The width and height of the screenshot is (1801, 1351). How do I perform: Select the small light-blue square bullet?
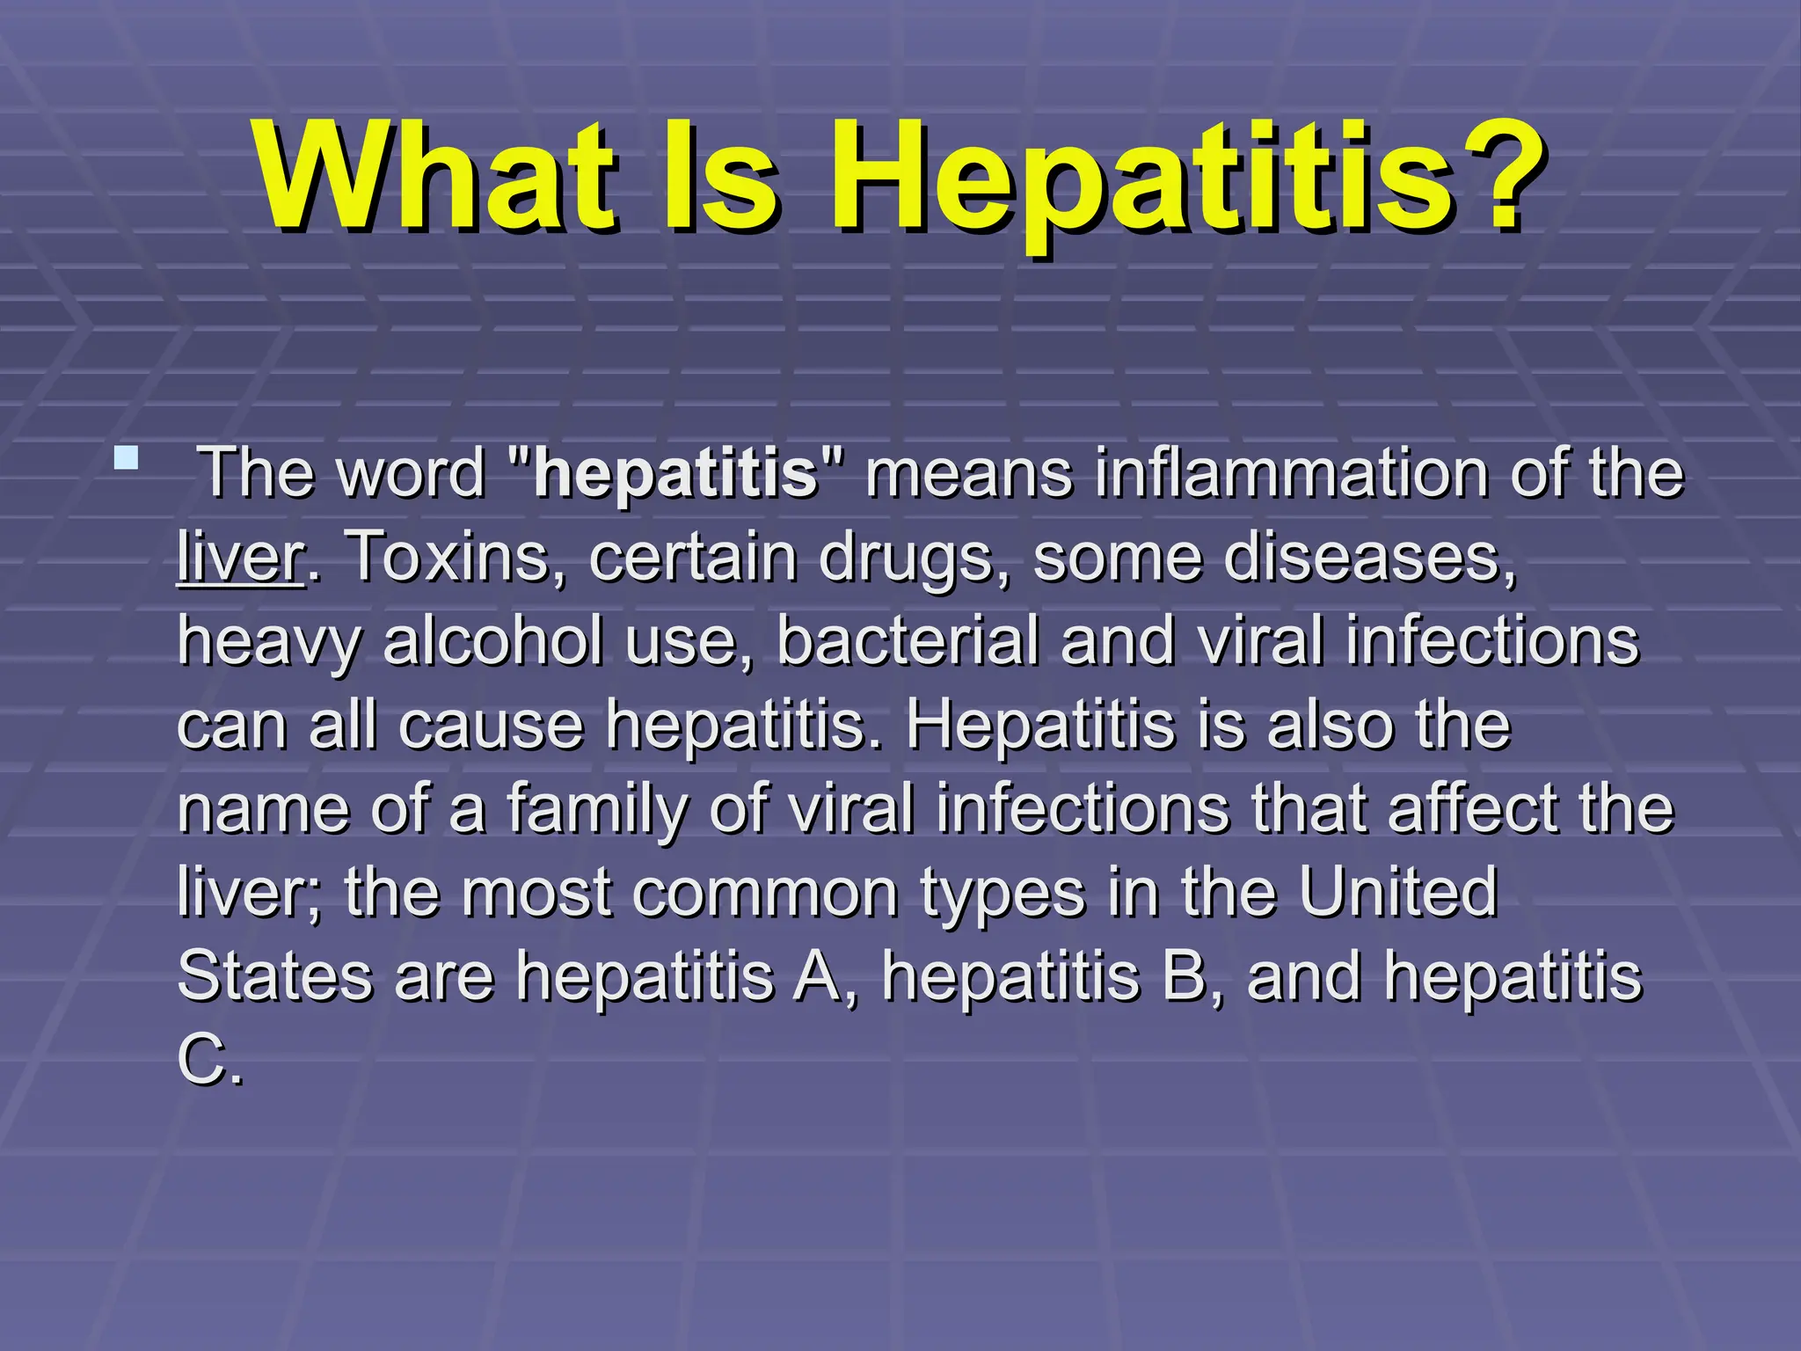127,458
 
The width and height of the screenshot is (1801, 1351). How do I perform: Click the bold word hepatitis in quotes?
675,473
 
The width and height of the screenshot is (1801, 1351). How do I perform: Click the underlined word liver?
240,557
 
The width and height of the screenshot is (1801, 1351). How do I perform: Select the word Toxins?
458,557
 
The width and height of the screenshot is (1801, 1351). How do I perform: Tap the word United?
1398,893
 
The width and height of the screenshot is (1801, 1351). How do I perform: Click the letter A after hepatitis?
819,976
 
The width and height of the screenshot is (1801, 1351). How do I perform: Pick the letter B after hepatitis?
1186,976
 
